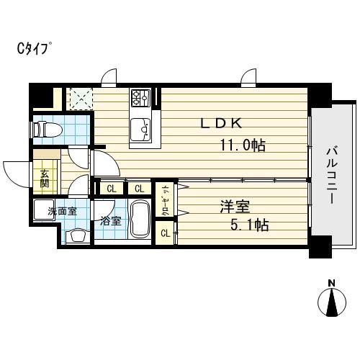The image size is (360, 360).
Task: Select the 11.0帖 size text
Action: (x=243, y=145)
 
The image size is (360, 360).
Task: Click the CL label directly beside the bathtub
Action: (x=165, y=233)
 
